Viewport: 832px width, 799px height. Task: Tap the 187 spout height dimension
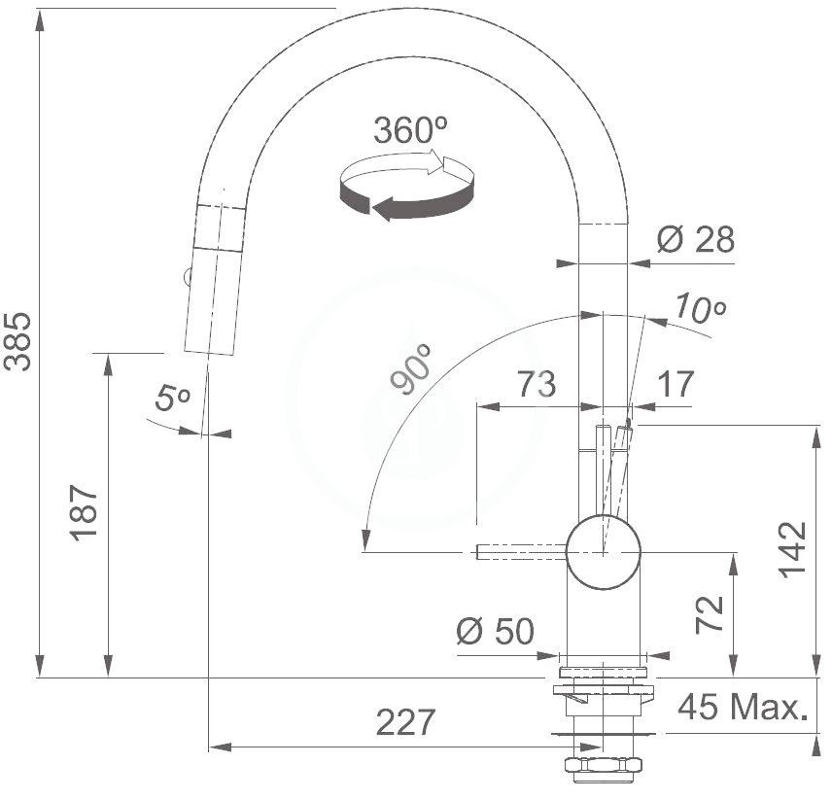[84, 512]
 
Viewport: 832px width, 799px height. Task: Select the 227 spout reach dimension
[405, 722]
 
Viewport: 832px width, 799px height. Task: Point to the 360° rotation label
[410, 130]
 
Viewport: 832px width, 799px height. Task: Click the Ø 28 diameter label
[696, 239]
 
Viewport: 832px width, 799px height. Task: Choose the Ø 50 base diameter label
[495, 632]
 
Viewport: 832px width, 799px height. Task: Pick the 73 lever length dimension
[537, 384]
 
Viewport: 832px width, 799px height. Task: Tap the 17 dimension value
[676, 384]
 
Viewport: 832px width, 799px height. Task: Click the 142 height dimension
[793, 549]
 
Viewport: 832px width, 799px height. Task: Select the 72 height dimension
[710, 614]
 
